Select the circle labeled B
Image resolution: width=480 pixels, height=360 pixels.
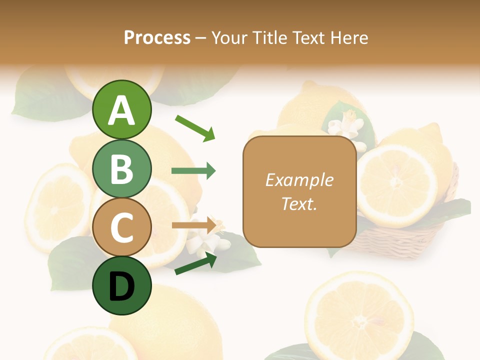121,168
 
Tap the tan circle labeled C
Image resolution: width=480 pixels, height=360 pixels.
121,227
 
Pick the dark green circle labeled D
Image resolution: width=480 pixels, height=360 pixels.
121,286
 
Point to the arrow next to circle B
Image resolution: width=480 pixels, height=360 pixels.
193,171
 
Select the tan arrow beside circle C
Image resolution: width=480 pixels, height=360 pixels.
193,225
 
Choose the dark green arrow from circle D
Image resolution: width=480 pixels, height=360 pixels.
195,263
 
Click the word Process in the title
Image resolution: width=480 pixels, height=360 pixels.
157,37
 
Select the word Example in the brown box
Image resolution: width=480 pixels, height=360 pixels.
299,180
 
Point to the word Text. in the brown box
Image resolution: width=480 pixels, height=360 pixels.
299,203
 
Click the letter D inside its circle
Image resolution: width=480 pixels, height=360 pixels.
121,287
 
